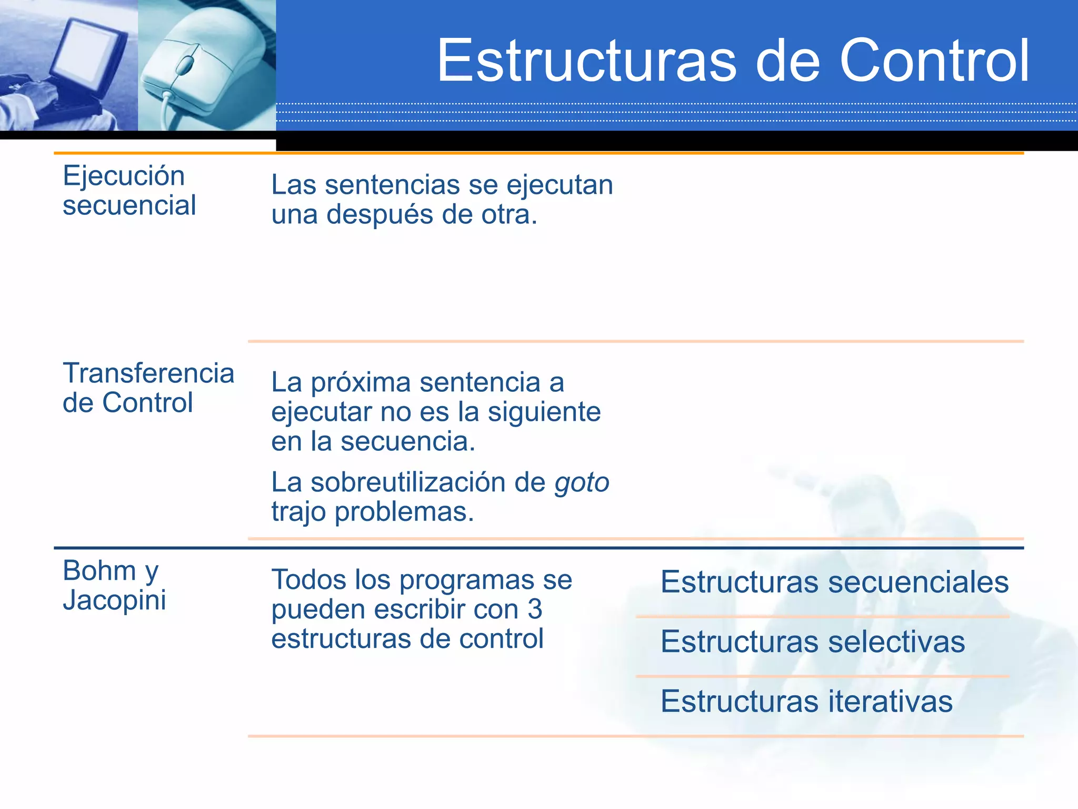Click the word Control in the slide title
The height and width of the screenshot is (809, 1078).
934,61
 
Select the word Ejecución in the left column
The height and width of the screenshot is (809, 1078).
124,176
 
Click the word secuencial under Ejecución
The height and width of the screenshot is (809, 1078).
129,205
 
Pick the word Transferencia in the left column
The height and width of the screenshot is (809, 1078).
148,373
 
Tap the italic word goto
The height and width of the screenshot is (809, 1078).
582,483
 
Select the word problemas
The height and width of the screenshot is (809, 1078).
404,512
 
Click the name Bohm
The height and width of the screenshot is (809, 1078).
99,571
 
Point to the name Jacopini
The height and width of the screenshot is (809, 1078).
114,600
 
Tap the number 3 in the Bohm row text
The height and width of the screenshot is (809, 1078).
535,610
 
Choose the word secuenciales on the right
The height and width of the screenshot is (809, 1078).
919,583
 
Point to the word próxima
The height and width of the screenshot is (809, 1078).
360,383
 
